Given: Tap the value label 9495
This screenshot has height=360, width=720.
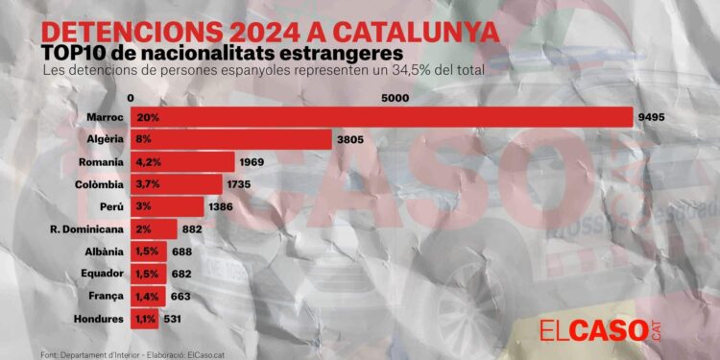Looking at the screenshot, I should click(x=651, y=117).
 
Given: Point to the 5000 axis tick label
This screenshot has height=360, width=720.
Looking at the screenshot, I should click(x=396, y=99).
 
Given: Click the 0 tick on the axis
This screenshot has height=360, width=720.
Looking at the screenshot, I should click(x=130, y=99).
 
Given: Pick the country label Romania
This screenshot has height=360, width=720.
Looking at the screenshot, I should click(x=99, y=161).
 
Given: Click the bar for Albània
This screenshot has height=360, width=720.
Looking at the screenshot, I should click(x=149, y=252).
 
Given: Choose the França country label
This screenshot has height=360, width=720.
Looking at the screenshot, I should click(x=104, y=296).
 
